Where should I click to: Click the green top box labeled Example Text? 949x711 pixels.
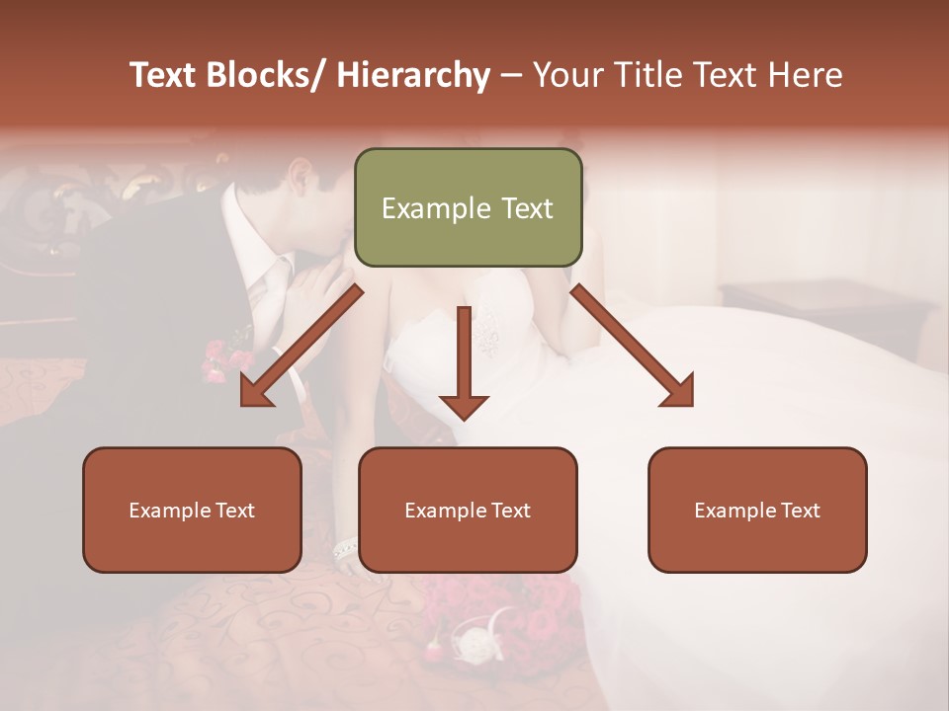468,207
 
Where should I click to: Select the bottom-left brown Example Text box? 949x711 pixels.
192,510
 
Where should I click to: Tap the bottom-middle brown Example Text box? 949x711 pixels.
468,510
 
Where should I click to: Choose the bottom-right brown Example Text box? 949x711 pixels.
757,510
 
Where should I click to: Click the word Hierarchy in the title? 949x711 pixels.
413,75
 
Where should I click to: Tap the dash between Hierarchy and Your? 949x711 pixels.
511,75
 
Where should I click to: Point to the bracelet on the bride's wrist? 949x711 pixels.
345,549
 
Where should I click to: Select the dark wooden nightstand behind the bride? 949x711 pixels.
820,306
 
